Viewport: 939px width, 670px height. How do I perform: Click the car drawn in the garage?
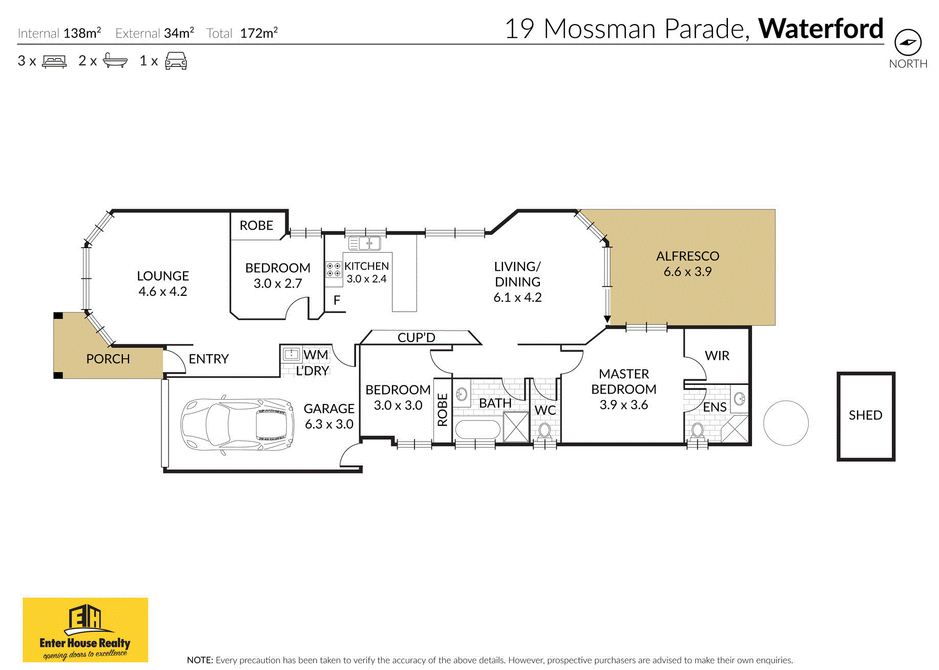pyautogui.click(x=237, y=424)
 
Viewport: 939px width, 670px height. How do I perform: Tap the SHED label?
pyautogui.click(x=865, y=415)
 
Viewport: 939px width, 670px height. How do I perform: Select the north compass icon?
pyautogui.click(x=908, y=43)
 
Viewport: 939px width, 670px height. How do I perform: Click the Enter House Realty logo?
pyautogui.click(x=86, y=630)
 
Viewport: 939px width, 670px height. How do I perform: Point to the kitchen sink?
pyautogui.click(x=364, y=243)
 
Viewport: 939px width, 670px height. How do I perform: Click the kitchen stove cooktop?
pyautogui.click(x=333, y=270)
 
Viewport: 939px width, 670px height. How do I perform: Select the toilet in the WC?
pyautogui.click(x=545, y=431)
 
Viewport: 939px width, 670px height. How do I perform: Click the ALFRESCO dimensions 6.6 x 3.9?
pyautogui.click(x=687, y=272)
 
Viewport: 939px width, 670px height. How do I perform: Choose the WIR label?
pyautogui.click(x=717, y=356)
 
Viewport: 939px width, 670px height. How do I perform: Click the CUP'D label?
pyautogui.click(x=416, y=338)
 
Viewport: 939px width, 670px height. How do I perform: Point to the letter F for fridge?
pyautogui.click(x=337, y=300)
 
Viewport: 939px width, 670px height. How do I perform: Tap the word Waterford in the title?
pyautogui.click(x=821, y=29)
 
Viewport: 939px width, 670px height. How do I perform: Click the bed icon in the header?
pyautogui.click(x=54, y=61)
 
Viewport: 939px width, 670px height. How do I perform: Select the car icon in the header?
pyautogui.click(x=176, y=61)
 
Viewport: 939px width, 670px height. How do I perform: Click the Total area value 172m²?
pyautogui.click(x=259, y=33)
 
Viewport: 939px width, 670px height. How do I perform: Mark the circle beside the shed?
pyautogui.click(x=786, y=423)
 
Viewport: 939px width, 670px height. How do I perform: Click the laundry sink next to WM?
pyautogui.click(x=291, y=354)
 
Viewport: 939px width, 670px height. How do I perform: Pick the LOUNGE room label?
pyautogui.click(x=163, y=276)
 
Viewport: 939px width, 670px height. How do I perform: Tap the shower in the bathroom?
pyautogui.click(x=516, y=427)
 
